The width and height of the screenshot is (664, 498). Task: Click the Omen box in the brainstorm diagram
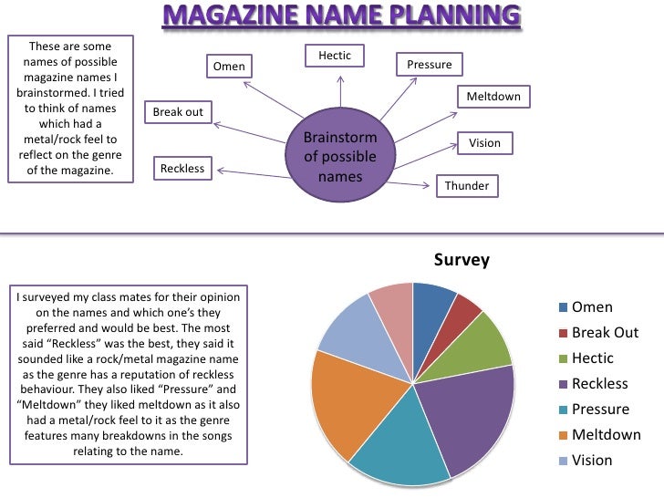click(x=229, y=67)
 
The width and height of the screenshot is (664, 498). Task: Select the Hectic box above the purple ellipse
click(x=335, y=57)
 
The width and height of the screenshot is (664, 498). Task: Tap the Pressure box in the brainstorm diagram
click(x=429, y=66)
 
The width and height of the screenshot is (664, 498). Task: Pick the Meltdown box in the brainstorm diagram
click(x=493, y=98)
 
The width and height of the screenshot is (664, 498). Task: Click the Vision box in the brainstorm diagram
click(x=484, y=143)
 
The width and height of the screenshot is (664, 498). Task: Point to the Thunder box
click(x=467, y=186)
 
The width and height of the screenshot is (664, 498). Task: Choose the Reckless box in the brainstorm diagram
click(x=182, y=169)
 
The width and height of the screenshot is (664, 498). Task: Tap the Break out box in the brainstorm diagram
click(x=178, y=112)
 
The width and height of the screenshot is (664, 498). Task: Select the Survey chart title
click(x=462, y=260)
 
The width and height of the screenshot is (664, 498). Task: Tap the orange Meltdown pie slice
click(x=342, y=401)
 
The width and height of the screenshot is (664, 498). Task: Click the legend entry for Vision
click(x=592, y=461)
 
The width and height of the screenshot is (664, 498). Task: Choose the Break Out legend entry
click(x=605, y=333)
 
